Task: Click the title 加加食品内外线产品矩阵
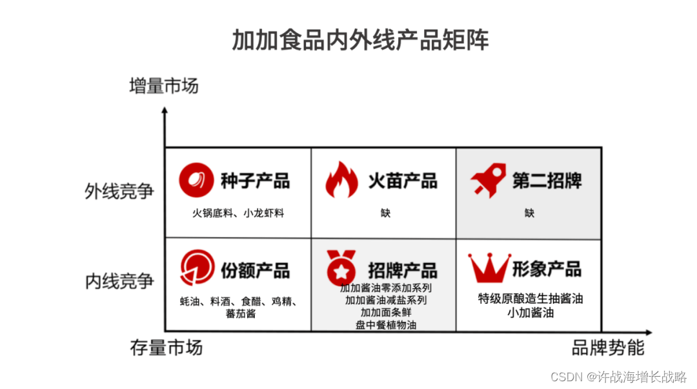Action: pyautogui.click(x=360, y=40)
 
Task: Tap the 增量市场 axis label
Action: pyautogui.click(x=163, y=86)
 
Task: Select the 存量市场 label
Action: pyautogui.click(x=167, y=348)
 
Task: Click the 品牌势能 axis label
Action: pyautogui.click(x=608, y=348)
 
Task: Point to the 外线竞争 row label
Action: pyautogui.click(x=119, y=191)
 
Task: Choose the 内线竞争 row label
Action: pyautogui.click(x=119, y=282)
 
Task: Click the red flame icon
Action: pyautogui.click(x=341, y=179)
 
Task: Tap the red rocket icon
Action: pyautogui.click(x=488, y=180)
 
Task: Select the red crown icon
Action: pyautogui.click(x=489, y=268)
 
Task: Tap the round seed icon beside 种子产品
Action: pyautogui.click(x=196, y=179)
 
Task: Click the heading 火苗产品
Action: pyautogui.click(x=403, y=181)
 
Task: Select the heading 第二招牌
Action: pyautogui.click(x=547, y=181)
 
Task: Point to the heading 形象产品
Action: pyautogui.click(x=547, y=269)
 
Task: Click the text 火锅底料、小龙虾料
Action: pyautogui.click(x=238, y=213)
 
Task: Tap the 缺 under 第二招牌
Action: pyautogui.click(x=529, y=213)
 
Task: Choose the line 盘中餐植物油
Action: pyautogui.click(x=385, y=324)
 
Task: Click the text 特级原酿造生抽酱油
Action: pyautogui.click(x=530, y=299)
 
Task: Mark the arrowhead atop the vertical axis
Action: pyautogui.click(x=165, y=111)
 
